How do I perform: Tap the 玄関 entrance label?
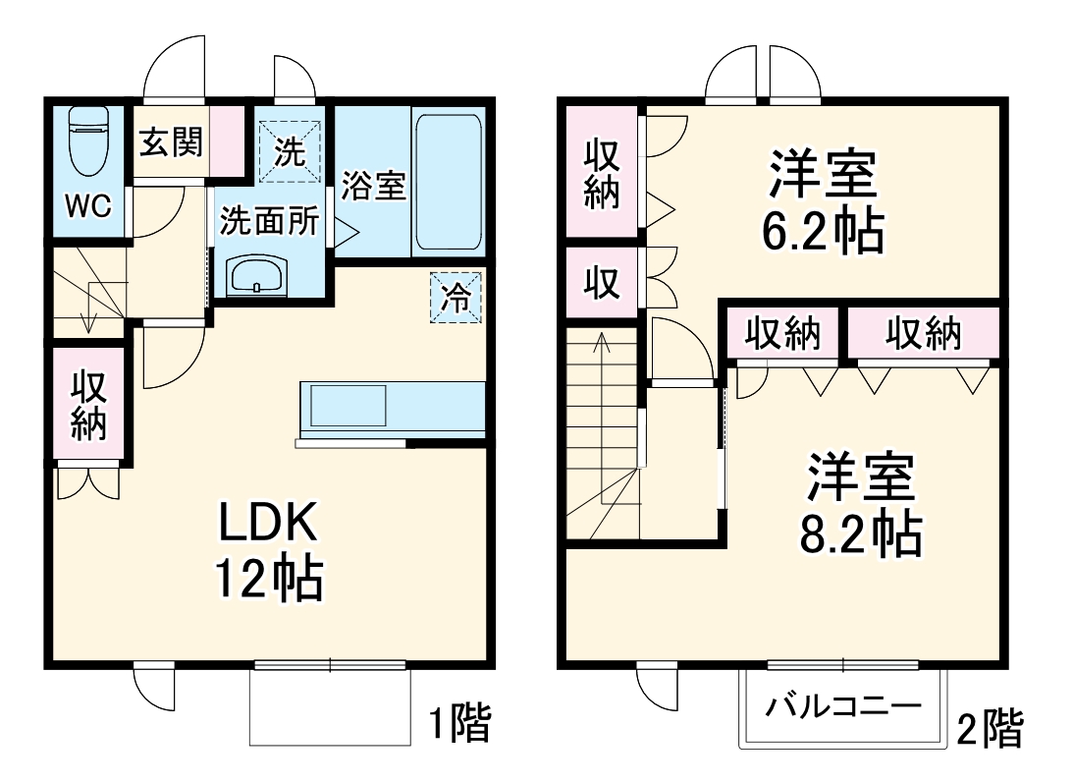pyautogui.click(x=170, y=143)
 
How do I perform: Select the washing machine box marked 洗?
pyautogui.click(x=288, y=150)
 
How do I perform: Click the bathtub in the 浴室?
pyautogui.click(x=447, y=183)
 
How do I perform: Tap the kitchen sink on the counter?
pyautogui.click(x=349, y=406)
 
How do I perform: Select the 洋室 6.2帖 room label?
pyautogui.click(x=823, y=202)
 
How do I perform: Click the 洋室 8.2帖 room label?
pyautogui.click(x=863, y=505)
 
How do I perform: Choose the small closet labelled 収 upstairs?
pyautogui.click(x=602, y=283)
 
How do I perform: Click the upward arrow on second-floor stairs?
pyautogui.click(x=602, y=344)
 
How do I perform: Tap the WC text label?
pyautogui.click(x=87, y=206)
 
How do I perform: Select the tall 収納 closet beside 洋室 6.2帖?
pyautogui.click(x=602, y=173)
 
